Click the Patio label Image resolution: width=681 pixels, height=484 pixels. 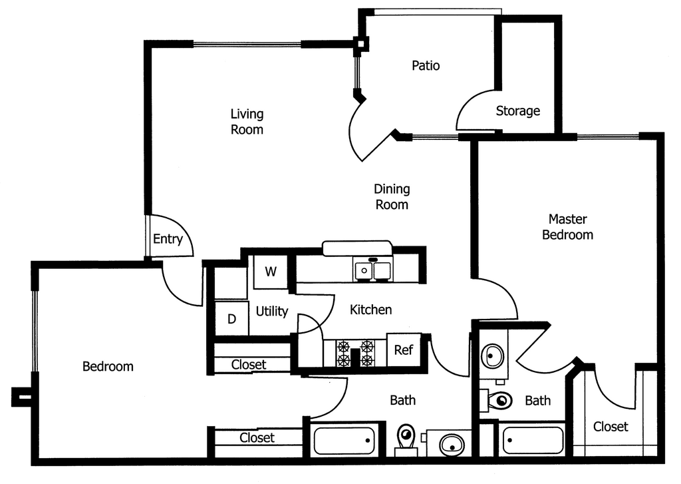tap(426, 66)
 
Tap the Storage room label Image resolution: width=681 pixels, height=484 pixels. tap(517, 111)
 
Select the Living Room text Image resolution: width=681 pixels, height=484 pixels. tap(247, 122)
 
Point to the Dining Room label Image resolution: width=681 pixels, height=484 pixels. tap(392, 196)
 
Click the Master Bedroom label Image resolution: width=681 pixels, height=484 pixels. tap(567, 226)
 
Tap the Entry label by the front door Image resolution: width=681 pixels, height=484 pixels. tap(168, 239)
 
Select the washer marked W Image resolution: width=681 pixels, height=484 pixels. tap(271, 272)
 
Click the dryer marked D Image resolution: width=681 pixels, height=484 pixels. tap(231, 319)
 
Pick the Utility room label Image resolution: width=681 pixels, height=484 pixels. tap(272, 311)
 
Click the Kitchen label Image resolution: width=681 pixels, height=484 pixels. tap(370, 310)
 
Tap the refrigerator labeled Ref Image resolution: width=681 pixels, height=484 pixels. tap(404, 350)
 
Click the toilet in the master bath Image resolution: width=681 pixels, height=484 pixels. tap(497, 401)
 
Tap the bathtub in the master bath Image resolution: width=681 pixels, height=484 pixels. tap(533, 440)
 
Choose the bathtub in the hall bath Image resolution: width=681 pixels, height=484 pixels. tap(343, 441)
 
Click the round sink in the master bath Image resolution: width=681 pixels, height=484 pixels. tap(492, 354)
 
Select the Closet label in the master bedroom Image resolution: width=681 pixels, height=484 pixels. tap(611, 426)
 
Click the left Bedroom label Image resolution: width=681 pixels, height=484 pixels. tap(108, 366)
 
